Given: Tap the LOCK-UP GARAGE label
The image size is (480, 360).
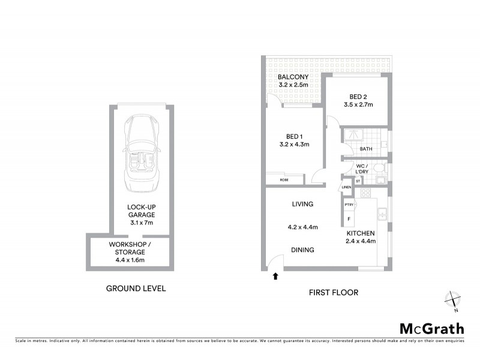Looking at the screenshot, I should coord(141,214).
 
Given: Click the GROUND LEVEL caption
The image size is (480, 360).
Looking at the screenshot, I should coord(136,289).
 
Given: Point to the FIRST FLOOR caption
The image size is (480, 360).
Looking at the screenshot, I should coord(334,293).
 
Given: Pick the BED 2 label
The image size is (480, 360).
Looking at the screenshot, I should coord(358,101).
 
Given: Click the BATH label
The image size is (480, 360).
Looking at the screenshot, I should coord(365,149).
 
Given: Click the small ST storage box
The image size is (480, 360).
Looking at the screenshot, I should coord(358,181).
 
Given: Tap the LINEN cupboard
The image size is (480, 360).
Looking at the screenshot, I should coord(346,188).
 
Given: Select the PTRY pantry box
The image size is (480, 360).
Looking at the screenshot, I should coord(349,205).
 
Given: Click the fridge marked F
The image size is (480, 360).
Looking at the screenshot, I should coord(349,220).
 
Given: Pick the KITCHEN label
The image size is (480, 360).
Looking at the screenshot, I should coord(360,237).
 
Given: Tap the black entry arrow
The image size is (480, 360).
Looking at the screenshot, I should coord(275,277).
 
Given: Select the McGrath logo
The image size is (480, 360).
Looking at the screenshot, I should coord(432,328).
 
